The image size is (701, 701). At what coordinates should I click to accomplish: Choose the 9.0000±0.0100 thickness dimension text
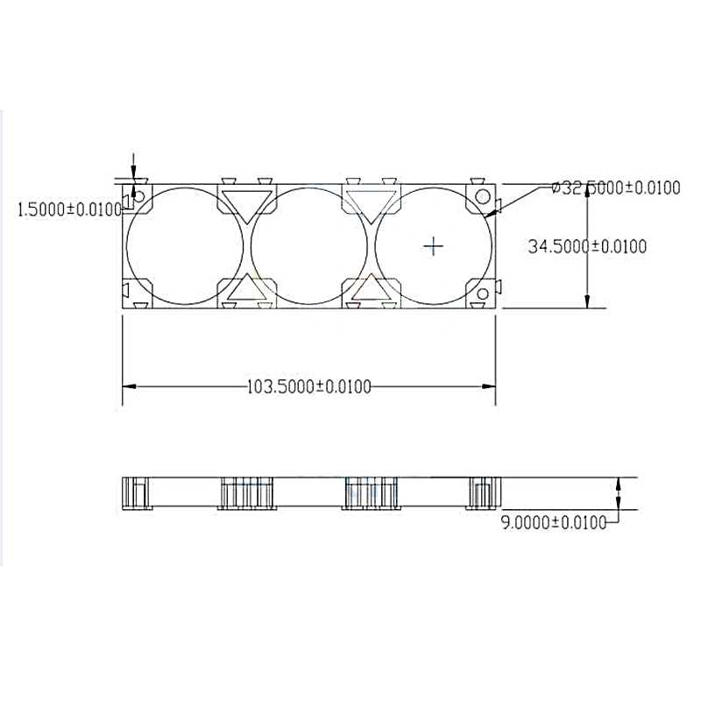(553, 522)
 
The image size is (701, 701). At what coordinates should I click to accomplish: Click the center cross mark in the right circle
(434, 246)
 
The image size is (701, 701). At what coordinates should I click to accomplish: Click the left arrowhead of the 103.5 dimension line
(128, 386)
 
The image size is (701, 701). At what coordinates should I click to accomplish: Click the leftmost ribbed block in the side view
(136, 492)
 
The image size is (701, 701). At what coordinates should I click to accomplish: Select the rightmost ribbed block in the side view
(481, 492)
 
